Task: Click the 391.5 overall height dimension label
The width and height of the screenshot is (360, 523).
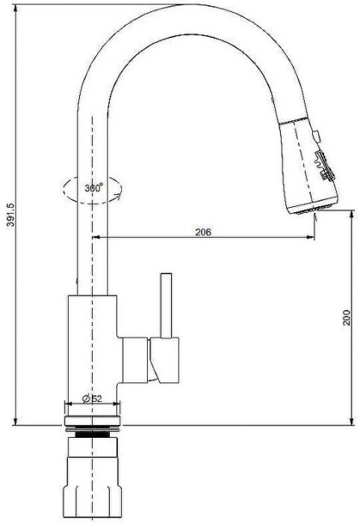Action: [10, 215]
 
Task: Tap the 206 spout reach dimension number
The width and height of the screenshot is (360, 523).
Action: [203, 232]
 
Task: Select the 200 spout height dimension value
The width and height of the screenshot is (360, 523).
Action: [347, 318]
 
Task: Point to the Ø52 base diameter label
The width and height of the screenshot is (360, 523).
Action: [92, 398]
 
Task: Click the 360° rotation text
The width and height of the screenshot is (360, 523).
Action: [93, 188]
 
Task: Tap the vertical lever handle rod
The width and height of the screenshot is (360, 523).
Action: [166, 306]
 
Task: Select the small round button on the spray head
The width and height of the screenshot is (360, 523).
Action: [316, 134]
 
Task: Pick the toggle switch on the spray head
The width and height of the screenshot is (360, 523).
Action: [324, 166]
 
